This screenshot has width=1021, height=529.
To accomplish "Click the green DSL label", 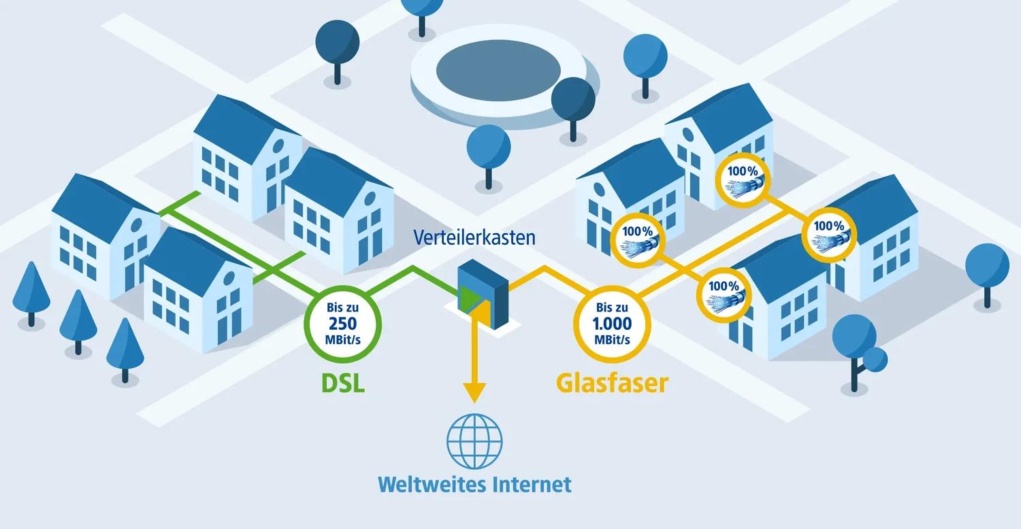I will (x=343, y=382).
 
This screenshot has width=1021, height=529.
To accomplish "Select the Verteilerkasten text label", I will (x=474, y=237).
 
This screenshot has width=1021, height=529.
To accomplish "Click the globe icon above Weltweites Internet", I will (x=474, y=441).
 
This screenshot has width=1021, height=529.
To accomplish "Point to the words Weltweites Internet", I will (x=474, y=485).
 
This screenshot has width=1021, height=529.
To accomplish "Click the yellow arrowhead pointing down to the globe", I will (x=474, y=392).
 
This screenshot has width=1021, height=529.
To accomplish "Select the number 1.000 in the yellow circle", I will (x=613, y=323).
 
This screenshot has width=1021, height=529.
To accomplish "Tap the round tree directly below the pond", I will (x=489, y=148).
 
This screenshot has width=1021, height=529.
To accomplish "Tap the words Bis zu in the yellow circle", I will (x=613, y=307).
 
